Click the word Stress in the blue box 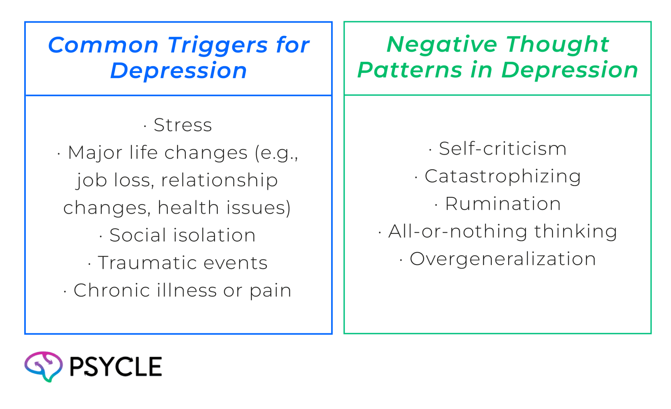[x=182, y=125]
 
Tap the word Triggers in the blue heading [x=218, y=45]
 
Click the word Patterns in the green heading [x=409, y=70]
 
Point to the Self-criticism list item [x=502, y=149]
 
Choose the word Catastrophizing [x=503, y=176]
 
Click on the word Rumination [x=503, y=204]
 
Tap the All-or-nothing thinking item [x=502, y=231]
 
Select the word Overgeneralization [x=502, y=259]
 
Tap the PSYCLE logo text [x=115, y=366]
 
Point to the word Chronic [x=112, y=290]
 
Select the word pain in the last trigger [x=270, y=291]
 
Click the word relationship [x=219, y=180]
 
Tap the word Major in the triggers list [x=95, y=153]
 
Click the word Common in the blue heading [x=103, y=45]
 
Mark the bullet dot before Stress [x=145, y=126]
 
